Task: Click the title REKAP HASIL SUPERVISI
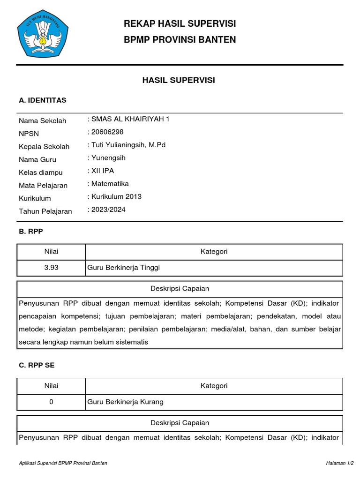pos(180,24)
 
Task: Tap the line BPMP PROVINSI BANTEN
pos(180,40)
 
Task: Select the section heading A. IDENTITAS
pos(43,100)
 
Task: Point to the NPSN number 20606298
pos(107,132)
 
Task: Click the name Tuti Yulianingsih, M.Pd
pos(128,145)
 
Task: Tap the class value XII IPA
pos(103,171)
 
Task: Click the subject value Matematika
pos(110,184)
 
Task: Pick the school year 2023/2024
pos(108,210)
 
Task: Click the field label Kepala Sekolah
pos(44,147)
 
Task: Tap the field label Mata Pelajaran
pos(43,186)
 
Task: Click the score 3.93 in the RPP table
pos(51,268)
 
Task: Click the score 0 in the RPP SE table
pos(51,402)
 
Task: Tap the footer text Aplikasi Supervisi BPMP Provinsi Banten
pos(63,463)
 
